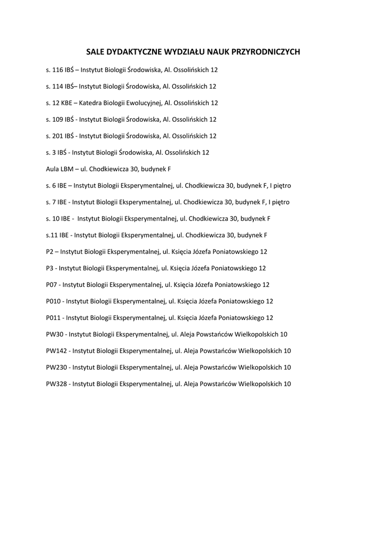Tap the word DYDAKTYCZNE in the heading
[x=128, y=52]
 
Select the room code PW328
[x=57, y=384]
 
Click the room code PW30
[x=55, y=334]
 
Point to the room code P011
[x=53, y=318]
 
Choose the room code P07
[x=52, y=285]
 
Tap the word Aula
[x=52, y=169]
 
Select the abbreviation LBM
[x=67, y=169]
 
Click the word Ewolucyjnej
[x=144, y=103]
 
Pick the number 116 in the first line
[x=58, y=69]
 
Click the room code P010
[x=53, y=301]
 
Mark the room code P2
[x=50, y=252]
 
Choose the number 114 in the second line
[x=58, y=86]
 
